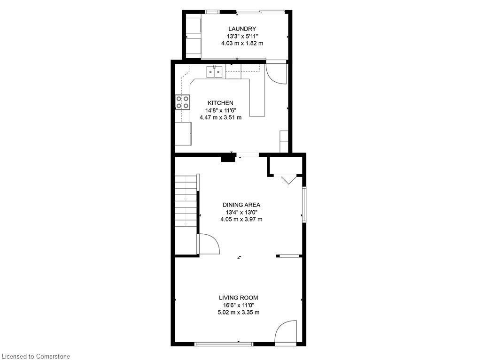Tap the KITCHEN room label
click(x=220, y=103)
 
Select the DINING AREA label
click(x=241, y=205)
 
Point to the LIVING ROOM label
click(x=239, y=298)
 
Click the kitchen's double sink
click(x=215, y=72)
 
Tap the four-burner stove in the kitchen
click(x=183, y=102)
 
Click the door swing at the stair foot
click(x=209, y=244)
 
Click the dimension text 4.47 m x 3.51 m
click(x=220, y=117)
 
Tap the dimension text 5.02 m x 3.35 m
click(x=239, y=312)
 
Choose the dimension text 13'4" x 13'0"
click(x=241, y=212)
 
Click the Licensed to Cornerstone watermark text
click(x=35, y=356)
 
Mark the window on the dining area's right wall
click(x=304, y=204)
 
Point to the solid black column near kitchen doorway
click(x=228, y=159)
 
